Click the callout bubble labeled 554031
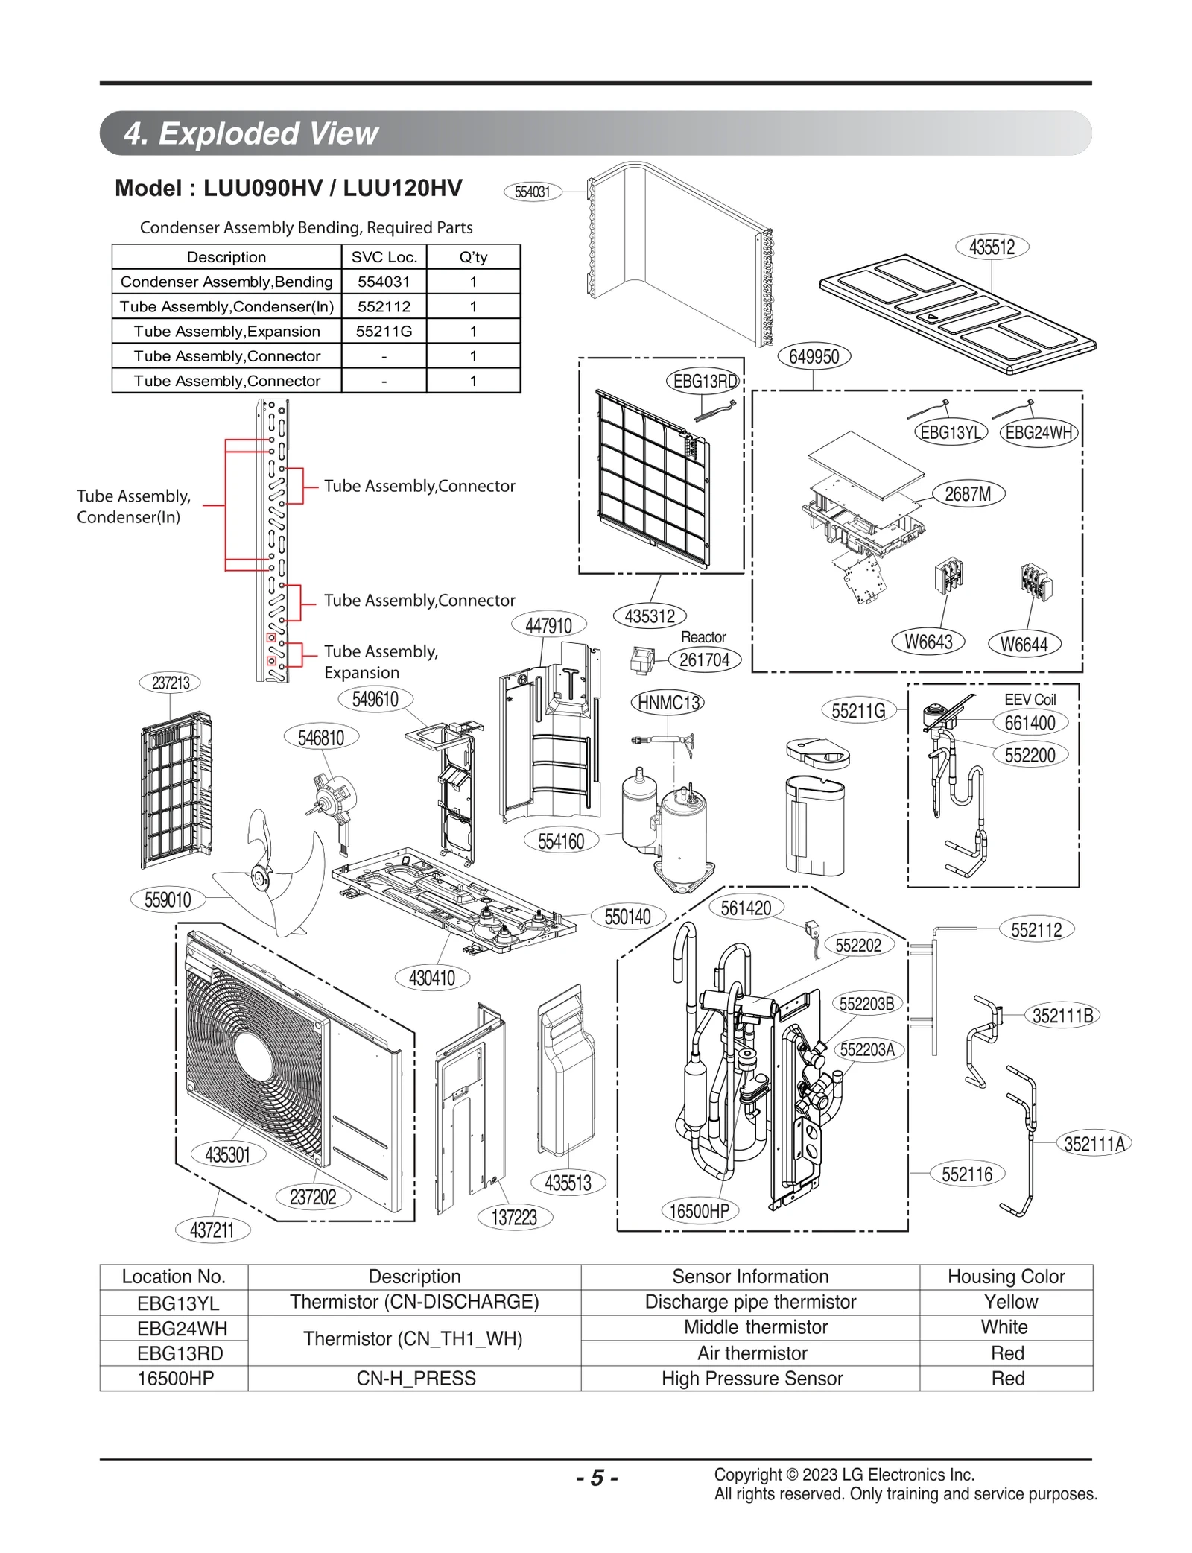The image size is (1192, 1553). pyautogui.click(x=532, y=192)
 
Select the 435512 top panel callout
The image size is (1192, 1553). pyautogui.click(x=992, y=247)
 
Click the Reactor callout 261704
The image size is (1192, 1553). pyautogui.click(x=704, y=660)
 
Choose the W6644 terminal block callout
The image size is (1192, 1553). pyautogui.click(x=1024, y=645)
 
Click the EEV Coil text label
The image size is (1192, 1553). pyautogui.click(x=1030, y=699)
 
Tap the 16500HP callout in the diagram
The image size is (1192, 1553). pyautogui.click(x=699, y=1211)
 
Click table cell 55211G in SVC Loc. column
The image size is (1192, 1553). pyautogui.click(x=384, y=331)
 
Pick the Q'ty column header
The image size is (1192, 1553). pyautogui.click(x=473, y=257)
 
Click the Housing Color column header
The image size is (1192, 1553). pyautogui.click(x=1006, y=1277)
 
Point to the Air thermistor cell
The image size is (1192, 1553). pyautogui.click(x=752, y=1353)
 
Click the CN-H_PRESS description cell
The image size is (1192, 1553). pyautogui.click(x=416, y=1379)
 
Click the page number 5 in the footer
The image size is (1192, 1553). pyautogui.click(x=597, y=1477)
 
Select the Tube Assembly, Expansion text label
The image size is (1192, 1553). pyautogui.click(x=380, y=662)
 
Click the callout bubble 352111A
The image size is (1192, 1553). pyautogui.click(x=1094, y=1144)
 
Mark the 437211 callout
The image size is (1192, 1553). pyautogui.click(x=212, y=1230)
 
